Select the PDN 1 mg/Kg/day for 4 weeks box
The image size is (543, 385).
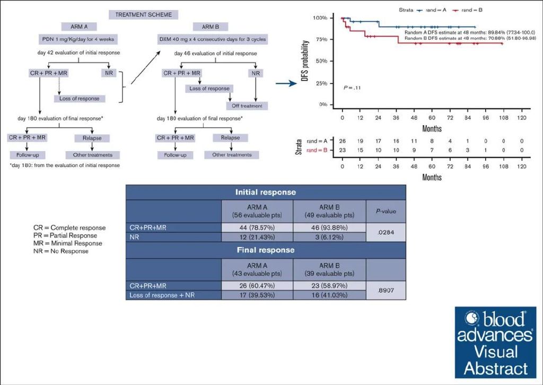tap(78, 39)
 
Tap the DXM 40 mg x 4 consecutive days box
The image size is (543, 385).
tap(212, 39)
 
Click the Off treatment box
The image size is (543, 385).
tap(247, 106)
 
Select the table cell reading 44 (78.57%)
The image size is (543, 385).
tap(257, 227)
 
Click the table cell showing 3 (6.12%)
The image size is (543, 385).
tap(329, 237)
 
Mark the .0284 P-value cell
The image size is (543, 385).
tap(386, 232)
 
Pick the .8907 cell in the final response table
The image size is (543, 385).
tap(386, 290)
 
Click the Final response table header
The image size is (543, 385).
tap(266, 250)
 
